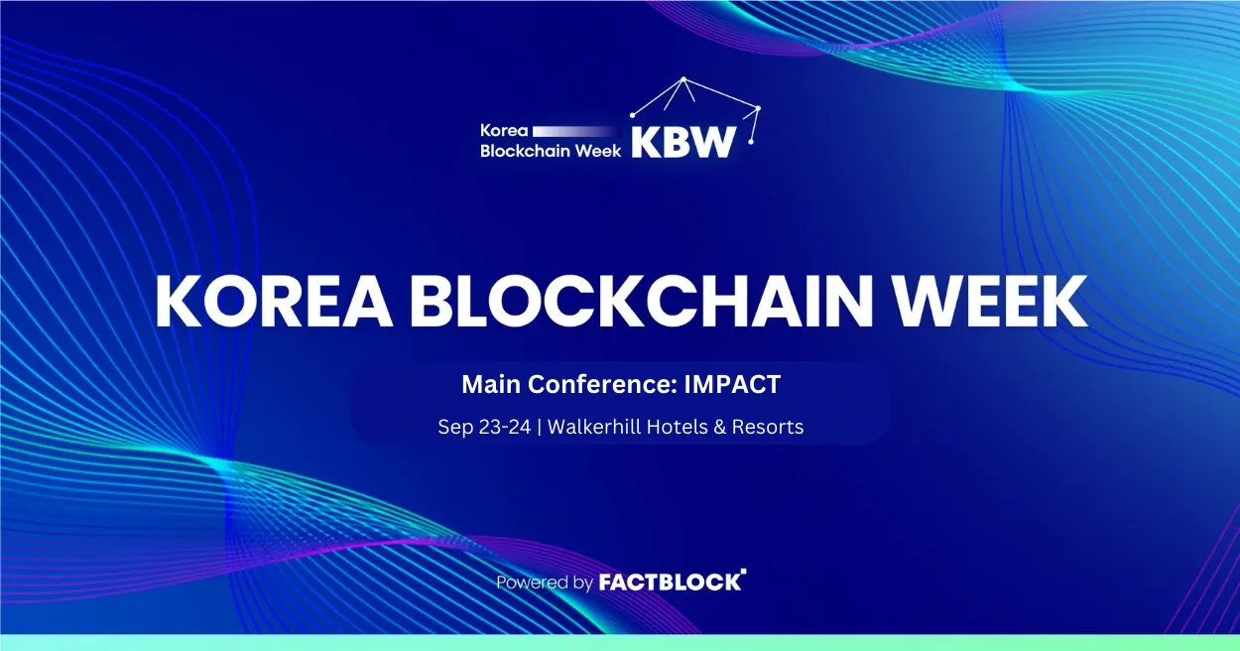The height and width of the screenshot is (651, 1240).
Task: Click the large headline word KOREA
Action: (x=275, y=302)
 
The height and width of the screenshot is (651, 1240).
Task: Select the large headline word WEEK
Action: (x=990, y=302)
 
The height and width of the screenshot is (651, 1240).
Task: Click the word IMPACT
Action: (x=732, y=384)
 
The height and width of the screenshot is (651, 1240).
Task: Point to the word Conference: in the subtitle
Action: (x=602, y=384)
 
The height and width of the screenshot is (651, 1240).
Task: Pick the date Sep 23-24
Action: (x=484, y=427)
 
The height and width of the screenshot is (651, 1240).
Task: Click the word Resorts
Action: (x=768, y=427)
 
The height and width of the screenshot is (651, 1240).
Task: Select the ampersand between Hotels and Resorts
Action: (x=719, y=427)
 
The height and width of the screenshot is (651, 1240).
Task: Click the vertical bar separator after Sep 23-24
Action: (x=540, y=428)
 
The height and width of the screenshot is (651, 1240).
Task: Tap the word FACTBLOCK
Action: (x=670, y=582)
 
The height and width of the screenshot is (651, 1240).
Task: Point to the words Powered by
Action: (x=545, y=583)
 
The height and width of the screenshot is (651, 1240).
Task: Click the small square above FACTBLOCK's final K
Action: (x=743, y=571)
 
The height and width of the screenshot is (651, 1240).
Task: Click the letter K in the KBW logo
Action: (x=645, y=143)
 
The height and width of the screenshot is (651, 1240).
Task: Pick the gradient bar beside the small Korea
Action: (x=575, y=131)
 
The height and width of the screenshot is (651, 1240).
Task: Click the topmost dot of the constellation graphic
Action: (x=683, y=79)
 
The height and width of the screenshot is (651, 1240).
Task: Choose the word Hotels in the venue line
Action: (x=677, y=427)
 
